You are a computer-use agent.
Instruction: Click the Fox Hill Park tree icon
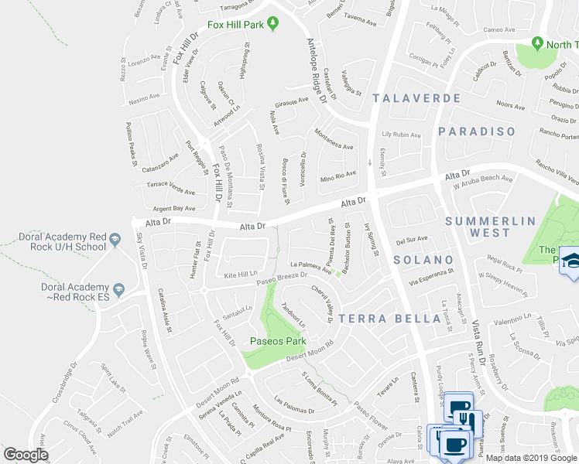pos(272,25)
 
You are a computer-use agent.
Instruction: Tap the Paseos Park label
pos(277,341)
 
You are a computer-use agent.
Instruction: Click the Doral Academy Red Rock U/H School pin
pos(115,241)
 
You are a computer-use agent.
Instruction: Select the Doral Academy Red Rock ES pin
pos(118,291)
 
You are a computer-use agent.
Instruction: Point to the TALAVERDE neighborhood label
pos(416,98)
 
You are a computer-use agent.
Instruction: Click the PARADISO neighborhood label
pos(477,131)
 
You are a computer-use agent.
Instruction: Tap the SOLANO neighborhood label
pos(423,260)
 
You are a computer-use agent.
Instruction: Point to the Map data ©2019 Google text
pos(530,458)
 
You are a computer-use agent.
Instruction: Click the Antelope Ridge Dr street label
pos(318,68)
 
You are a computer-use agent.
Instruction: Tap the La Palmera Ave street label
pos(310,265)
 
